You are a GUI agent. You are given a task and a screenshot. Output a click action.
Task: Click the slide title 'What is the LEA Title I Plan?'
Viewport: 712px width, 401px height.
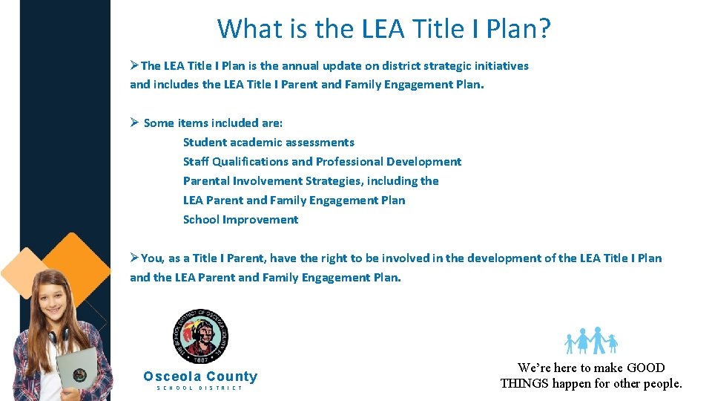[x=383, y=29]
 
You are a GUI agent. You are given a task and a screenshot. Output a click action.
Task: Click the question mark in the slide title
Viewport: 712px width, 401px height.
[x=544, y=29]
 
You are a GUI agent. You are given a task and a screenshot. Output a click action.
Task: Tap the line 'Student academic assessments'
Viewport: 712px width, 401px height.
[x=268, y=142]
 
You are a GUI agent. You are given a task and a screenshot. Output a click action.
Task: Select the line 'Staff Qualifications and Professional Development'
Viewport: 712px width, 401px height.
[x=322, y=161]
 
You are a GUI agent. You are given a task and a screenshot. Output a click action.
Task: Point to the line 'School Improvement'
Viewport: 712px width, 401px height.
[x=240, y=219]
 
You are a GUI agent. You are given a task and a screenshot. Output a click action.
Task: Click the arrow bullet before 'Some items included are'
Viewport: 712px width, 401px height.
[x=135, y=123]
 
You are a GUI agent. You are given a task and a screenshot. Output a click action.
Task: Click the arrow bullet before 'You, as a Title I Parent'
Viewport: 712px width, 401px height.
[x=134, y=258]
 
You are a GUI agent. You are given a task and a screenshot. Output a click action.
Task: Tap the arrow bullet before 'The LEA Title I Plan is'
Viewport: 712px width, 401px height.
[x=134, y=65]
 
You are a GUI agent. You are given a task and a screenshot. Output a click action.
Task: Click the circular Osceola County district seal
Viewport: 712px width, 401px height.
[x=200, y=335]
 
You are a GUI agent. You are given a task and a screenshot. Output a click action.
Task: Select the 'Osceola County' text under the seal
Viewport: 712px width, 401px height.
[x=200, y=376]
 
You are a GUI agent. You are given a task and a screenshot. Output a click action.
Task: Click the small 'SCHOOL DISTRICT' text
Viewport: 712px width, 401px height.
[x=200, y=388]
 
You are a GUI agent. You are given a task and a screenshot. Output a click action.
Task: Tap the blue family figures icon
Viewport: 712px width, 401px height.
[x=591, y=341]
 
